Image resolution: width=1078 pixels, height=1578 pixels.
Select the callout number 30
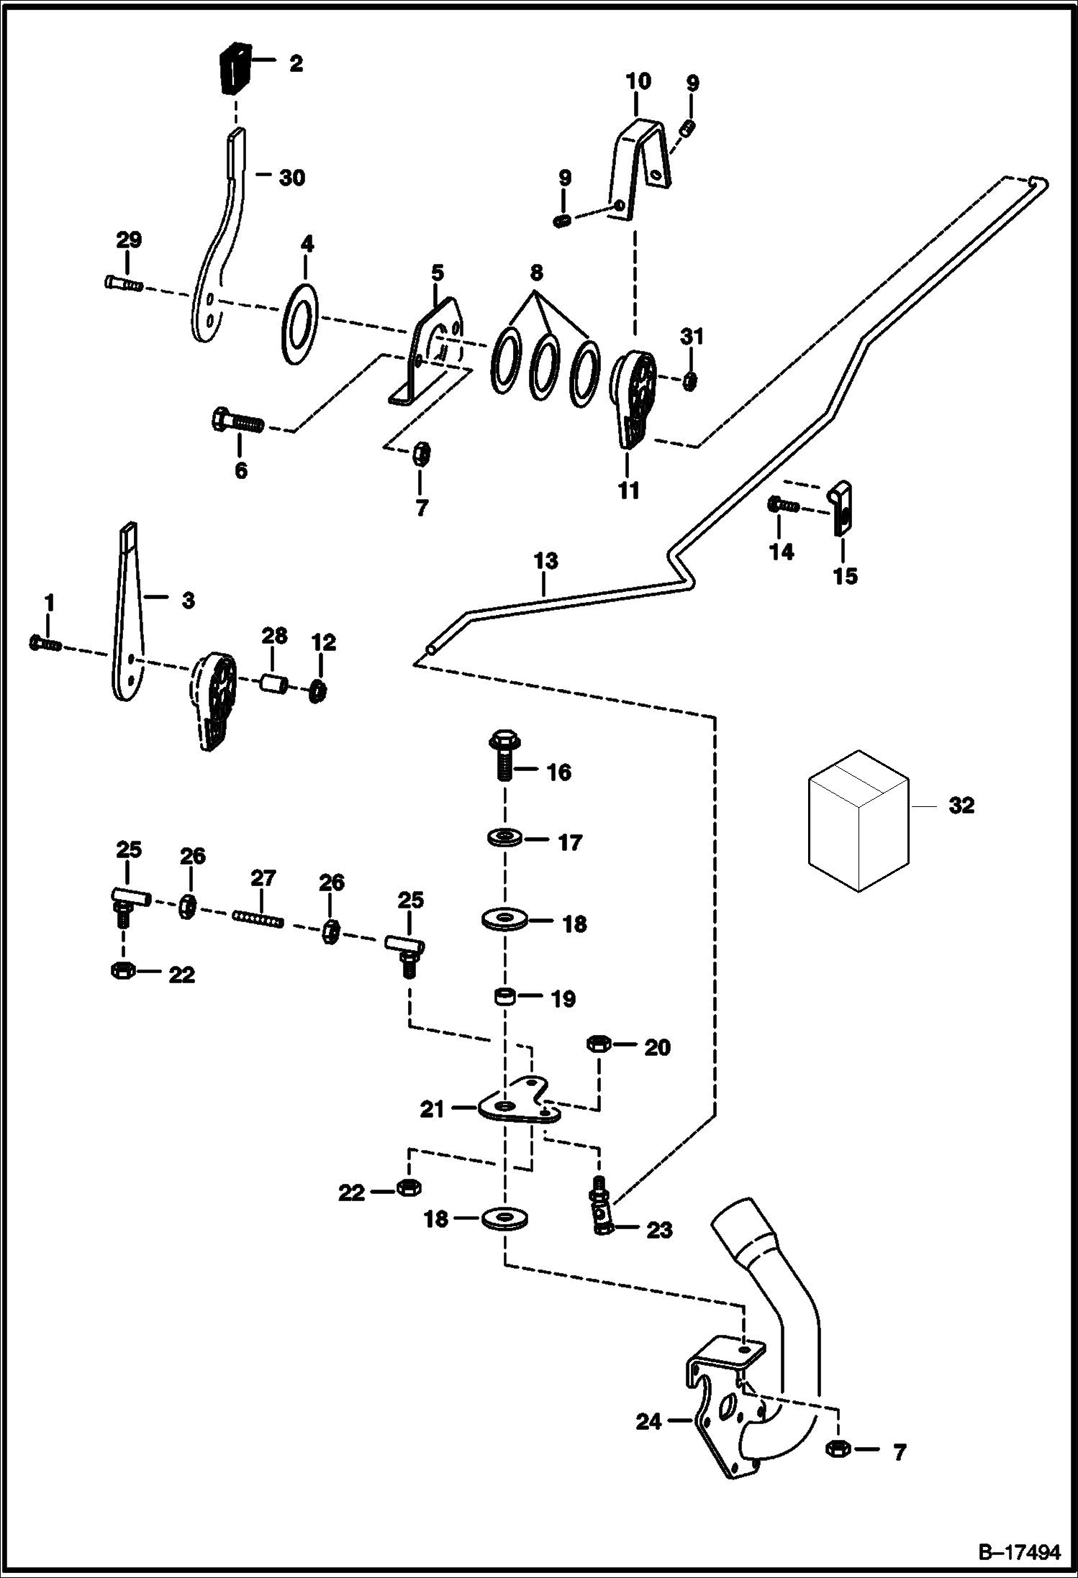tap(291, 177)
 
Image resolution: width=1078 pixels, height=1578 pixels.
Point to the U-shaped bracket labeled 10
tap(640, 167)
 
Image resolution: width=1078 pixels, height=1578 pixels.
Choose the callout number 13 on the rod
tap(546, 561)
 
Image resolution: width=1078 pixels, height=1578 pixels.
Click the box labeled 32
tap(859, 821)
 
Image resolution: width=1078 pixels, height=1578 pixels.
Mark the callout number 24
tap(648, 1422)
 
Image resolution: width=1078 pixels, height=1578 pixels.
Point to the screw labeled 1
tap(45, 643)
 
